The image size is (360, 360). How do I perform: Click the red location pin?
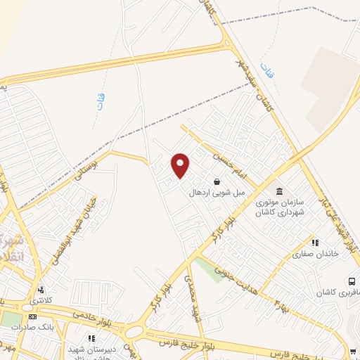tap(181, 165)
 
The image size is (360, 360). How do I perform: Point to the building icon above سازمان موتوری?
tap(279, 192)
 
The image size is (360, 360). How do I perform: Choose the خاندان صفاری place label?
tap(316, 253)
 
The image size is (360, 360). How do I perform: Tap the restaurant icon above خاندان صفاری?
tap(316, 242)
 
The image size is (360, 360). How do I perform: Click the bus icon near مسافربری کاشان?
tap(351, 281)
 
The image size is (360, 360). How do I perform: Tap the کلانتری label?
tap(41, 300)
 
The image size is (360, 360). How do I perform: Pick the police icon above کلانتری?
tap(41, 289)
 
